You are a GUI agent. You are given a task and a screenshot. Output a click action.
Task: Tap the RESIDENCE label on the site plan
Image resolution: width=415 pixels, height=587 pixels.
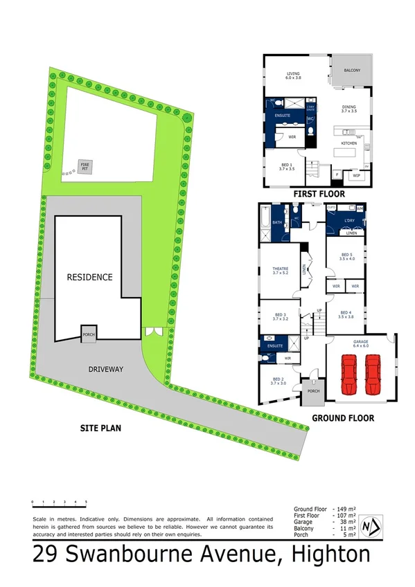[89, 277]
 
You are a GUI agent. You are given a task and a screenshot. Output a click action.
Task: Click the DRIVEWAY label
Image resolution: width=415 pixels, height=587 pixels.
[105, 369]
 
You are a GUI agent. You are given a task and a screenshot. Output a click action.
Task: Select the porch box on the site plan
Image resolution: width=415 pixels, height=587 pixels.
[89, 332]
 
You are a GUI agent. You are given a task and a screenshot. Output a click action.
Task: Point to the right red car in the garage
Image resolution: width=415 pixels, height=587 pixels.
[373, 374]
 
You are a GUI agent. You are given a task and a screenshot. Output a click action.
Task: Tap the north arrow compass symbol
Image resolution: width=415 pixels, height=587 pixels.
[373, 528]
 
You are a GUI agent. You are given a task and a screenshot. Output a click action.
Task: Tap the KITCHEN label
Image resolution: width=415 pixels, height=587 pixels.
[348, 143]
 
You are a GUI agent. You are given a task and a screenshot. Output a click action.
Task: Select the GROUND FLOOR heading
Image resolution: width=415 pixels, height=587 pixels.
[342, 418]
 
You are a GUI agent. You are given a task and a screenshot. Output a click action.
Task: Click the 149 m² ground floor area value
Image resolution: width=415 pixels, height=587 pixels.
[344, 507]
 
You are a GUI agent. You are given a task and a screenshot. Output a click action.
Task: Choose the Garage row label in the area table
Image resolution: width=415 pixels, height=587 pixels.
[304, 521]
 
